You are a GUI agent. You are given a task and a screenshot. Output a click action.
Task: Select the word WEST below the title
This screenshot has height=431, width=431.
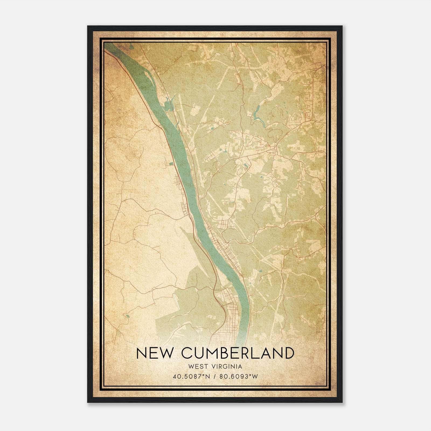198,367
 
